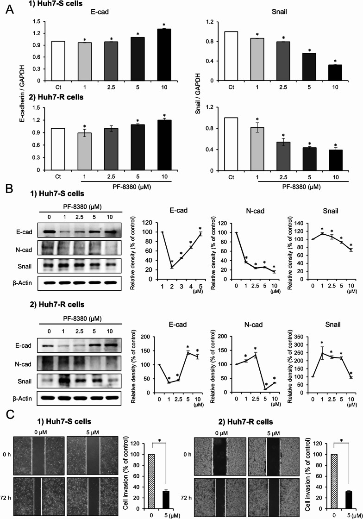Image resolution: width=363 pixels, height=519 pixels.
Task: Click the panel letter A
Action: click(x=8, y=9)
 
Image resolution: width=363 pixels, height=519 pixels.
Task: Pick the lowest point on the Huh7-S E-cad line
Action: click(x=172, y=267)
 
